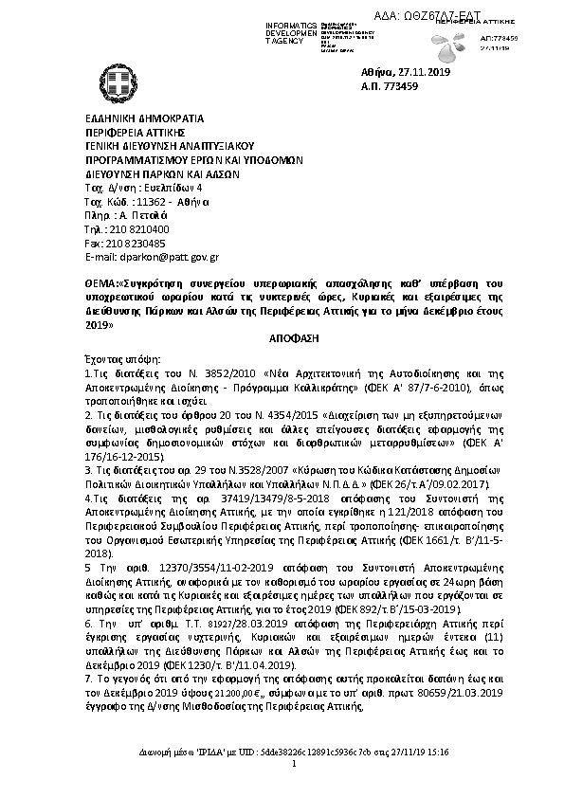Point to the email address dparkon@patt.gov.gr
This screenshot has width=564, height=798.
(x=168, y=256)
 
